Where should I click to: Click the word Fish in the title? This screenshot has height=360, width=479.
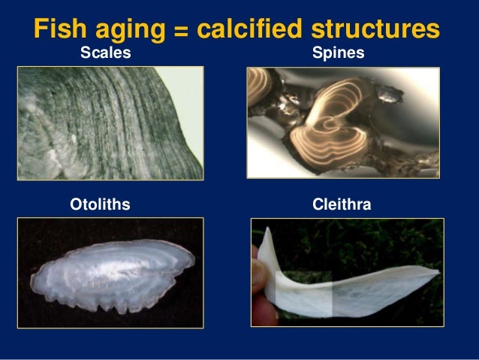tap(61, 29)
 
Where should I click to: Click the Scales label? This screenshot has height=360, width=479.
tap(106, 54)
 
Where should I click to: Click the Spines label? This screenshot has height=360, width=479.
tap(338, 54)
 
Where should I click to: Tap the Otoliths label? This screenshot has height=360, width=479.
tap(100, 204)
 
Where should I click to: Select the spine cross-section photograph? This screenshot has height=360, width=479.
tap(343, 123)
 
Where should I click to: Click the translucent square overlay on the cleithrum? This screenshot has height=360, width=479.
tap(303, 292)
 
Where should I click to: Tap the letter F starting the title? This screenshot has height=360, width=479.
tap(43, 29)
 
